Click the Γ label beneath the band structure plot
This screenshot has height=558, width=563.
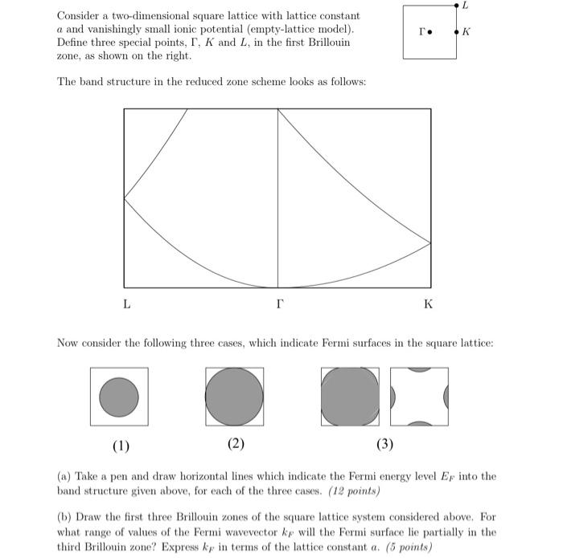coord(278,304)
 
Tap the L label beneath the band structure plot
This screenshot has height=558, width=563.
coord(126,304)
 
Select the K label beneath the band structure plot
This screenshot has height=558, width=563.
coord(428,304)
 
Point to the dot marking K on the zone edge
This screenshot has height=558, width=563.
coord(458,34)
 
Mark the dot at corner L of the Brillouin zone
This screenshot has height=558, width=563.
coord(458,6)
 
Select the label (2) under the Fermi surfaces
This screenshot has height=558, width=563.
coord(236,444)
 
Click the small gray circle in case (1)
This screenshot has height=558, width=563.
coord(119,396)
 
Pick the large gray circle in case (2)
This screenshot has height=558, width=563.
coord(234,397)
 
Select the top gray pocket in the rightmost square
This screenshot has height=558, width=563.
coord(419,370)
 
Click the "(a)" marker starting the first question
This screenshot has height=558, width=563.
coord(64,476)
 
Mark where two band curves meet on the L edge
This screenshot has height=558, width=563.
coord(125,198)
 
